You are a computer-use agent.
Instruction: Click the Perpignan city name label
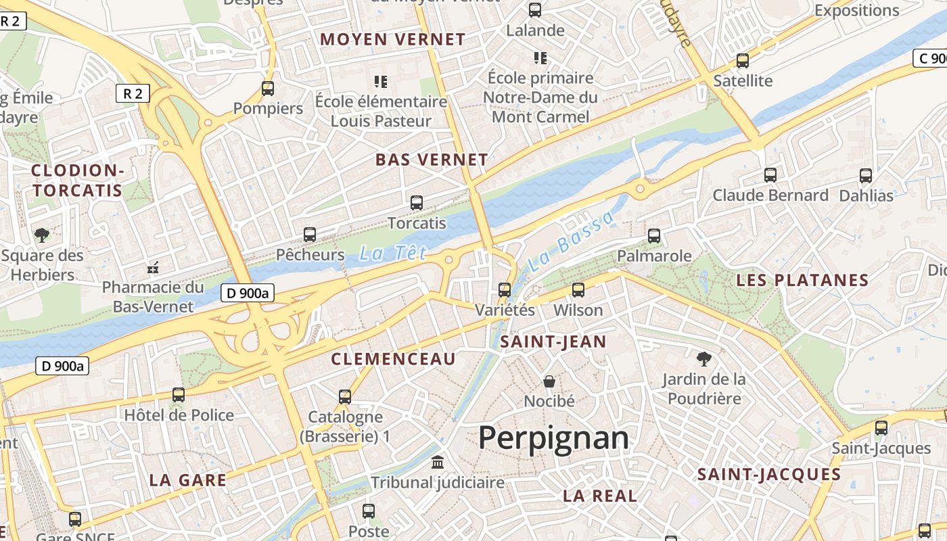click(x=553, y=438)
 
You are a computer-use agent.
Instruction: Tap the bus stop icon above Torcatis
click(x=417, y=202)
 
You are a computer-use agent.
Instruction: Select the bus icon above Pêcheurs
click(x=310, y=235)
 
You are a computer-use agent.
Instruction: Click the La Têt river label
click(x=393, y=254)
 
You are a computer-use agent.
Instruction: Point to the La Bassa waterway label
click(x=572, y=241)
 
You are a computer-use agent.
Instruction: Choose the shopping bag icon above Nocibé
click(x=549, y=381)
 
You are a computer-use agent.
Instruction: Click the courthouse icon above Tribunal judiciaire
click(x=438, y=463)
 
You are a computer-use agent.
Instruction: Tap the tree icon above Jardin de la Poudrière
click(x=704, y=359)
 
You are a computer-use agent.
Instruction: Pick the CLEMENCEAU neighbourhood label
click(x=394, y=359)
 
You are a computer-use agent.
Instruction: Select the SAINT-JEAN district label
click(x=553, y=342)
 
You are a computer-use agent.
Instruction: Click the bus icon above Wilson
click(x=578, y=290)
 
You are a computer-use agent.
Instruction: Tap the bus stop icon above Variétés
click(x=505, y=290)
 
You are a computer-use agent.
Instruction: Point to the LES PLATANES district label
click(x=802, y=280)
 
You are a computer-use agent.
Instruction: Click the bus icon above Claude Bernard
click(x=770, y=175)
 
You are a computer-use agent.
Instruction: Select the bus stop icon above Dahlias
click(x=866, y=176)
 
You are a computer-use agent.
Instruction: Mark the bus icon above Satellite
click(x=743, y=61)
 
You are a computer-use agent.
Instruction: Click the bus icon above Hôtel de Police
click(x=179, y=395)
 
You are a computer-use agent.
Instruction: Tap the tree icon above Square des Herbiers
click(x=42, y=235)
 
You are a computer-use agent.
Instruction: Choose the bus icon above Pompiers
click(x=268, y=89)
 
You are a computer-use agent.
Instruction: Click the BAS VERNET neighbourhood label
click(x=432, y=160)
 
